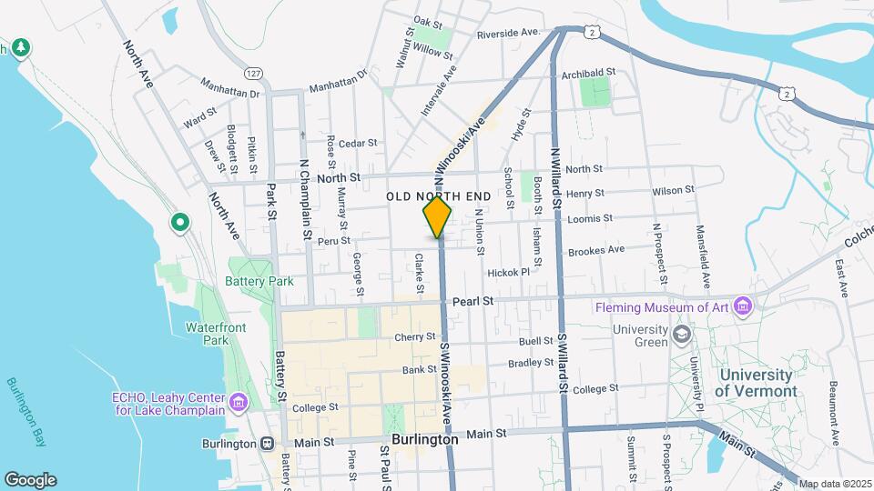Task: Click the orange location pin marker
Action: coord(438,216)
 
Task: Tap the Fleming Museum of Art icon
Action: coord(745,306)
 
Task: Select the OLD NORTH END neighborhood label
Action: coord(439,195)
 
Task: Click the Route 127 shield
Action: coord(253,73)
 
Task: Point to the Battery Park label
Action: coord(259,281)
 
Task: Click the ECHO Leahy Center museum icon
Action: coord(238,402)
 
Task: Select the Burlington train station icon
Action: coord(267,444)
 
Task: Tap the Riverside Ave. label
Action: coord(509,34)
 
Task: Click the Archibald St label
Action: coord(589,72)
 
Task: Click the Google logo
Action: coord(30,480)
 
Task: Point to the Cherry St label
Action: coord(415,337)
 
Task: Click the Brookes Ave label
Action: coord(596,249)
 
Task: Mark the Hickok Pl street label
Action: coord(508,272)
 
